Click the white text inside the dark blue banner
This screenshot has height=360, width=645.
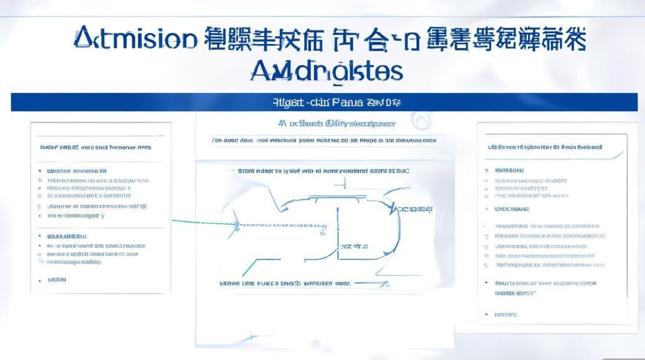[x=336, y=102]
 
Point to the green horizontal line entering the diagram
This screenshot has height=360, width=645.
[x=202, y=222]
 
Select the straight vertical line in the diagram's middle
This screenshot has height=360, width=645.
[x=338, y=235]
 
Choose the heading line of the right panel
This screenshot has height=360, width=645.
[x=545, y=147]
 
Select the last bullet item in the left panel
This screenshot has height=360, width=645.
[x=57, y=280]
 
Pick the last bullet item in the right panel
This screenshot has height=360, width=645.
[x=506, y=315]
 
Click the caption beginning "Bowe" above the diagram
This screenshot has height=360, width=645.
[x=323, y=171]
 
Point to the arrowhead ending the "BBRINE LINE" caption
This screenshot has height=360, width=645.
[x=384, y=284]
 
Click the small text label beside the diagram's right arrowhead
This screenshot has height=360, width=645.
[x=416, y=209]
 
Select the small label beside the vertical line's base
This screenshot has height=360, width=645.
[x=354, y=246]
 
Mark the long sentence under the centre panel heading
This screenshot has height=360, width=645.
[x=324, y=141]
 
